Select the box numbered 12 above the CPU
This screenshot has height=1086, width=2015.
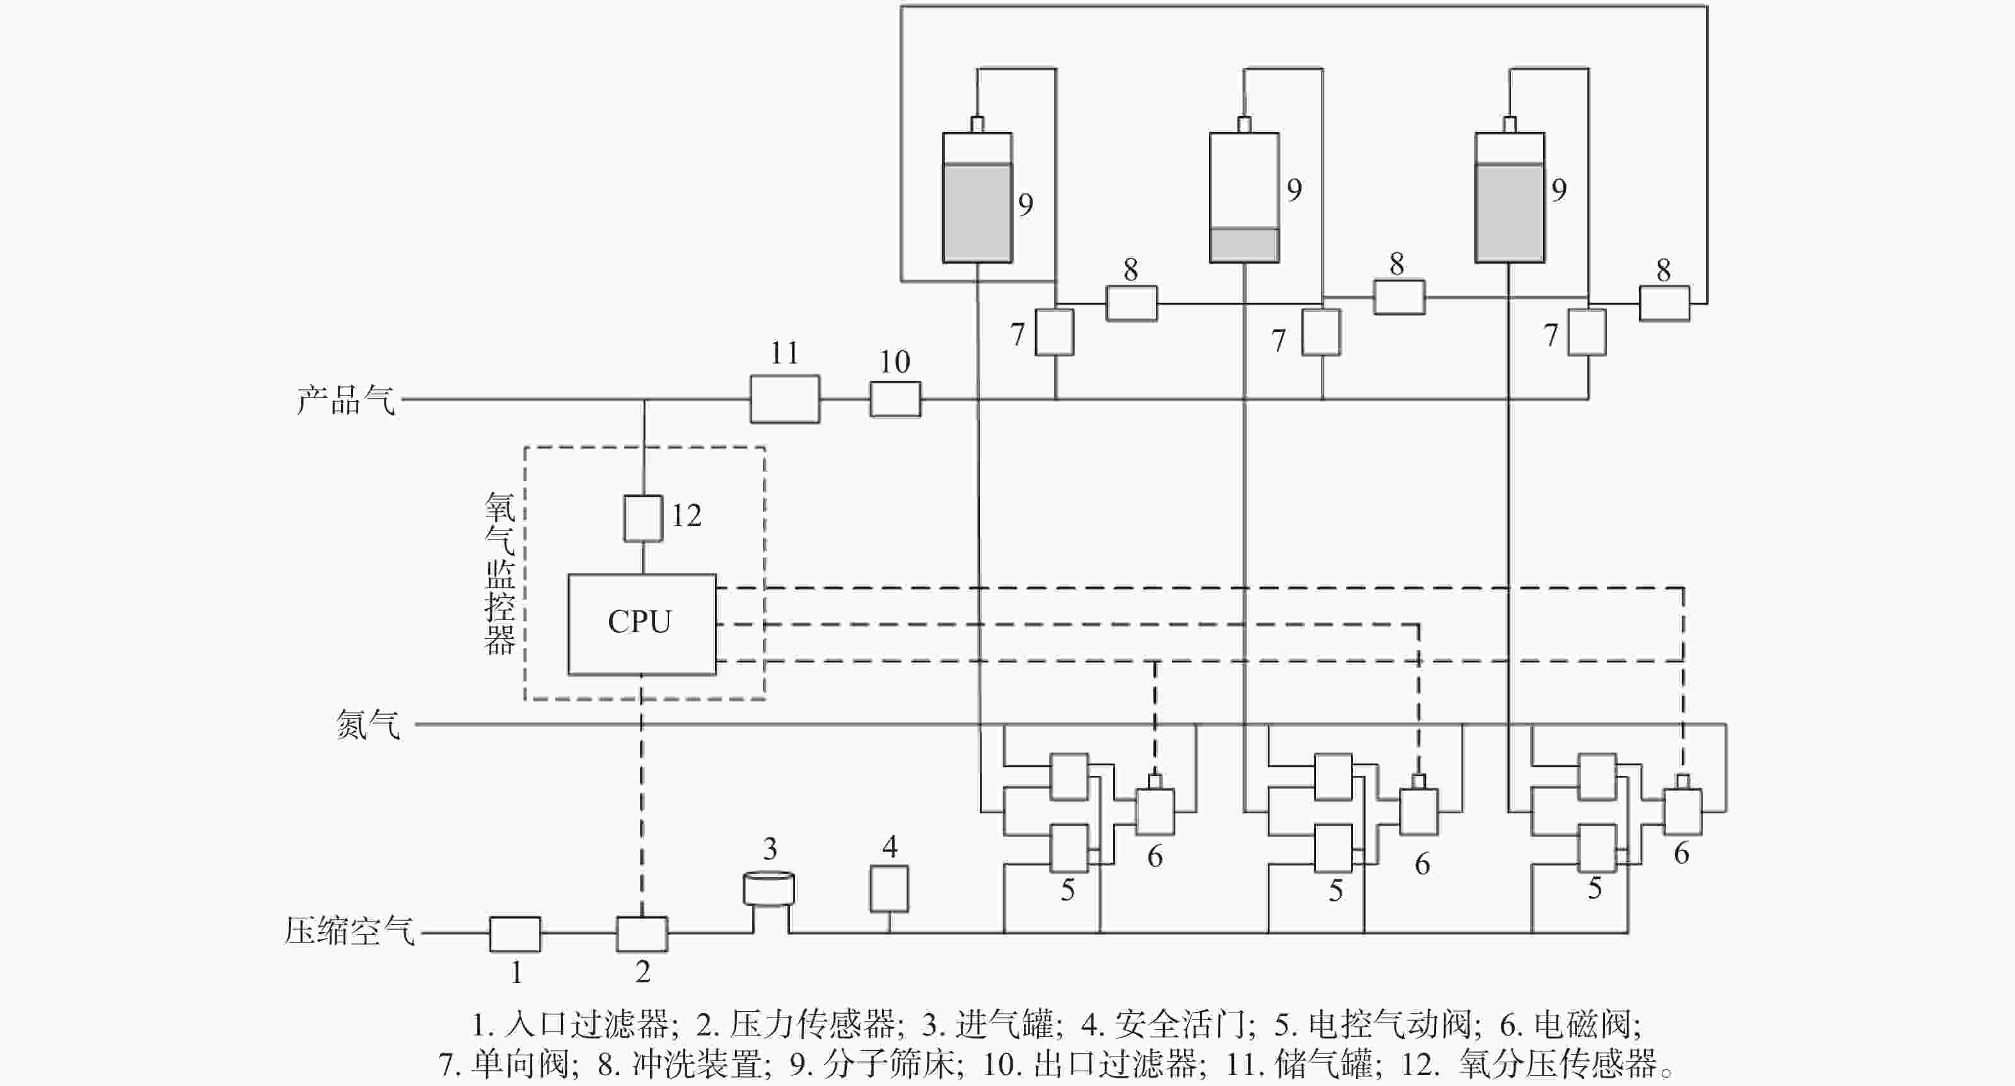(x=643, y=518)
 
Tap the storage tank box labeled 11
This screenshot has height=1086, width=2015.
(x=784, y=399)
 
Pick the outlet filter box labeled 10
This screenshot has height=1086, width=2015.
(x=895, y=399)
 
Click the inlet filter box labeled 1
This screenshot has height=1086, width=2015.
(x=515, y=934)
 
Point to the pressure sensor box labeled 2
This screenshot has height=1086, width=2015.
(x=642, y=934)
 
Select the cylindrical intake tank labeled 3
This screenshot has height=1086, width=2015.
(x=768, y=890)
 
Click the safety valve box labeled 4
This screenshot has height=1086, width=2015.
(x=889, y=889)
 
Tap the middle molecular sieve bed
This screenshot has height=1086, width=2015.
(x=1244, y=197)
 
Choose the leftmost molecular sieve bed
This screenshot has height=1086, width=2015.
(x=977, y=197)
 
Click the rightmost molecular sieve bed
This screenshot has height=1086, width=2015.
(x=1509, y=197)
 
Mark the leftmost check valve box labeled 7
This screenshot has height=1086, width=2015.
(x=1054, y=331)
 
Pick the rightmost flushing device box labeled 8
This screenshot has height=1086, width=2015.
(x=1664, y=303)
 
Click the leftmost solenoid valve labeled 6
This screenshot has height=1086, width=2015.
(x=1155, y=811)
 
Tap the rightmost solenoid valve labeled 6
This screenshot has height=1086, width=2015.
(x=1682, y=811)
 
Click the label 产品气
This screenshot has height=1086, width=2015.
(x=345, y=400)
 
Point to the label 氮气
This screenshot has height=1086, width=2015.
(x=368, y=724)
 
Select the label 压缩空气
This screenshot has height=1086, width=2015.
(x=349, y=931)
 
